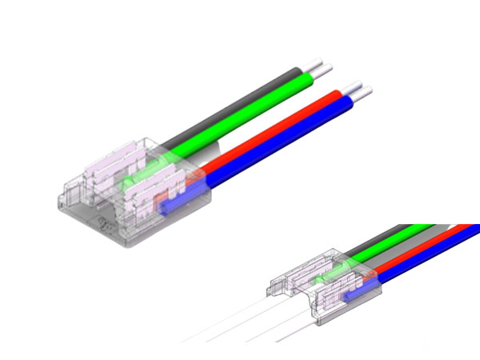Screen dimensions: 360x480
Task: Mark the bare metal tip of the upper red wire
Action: point(354,86)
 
